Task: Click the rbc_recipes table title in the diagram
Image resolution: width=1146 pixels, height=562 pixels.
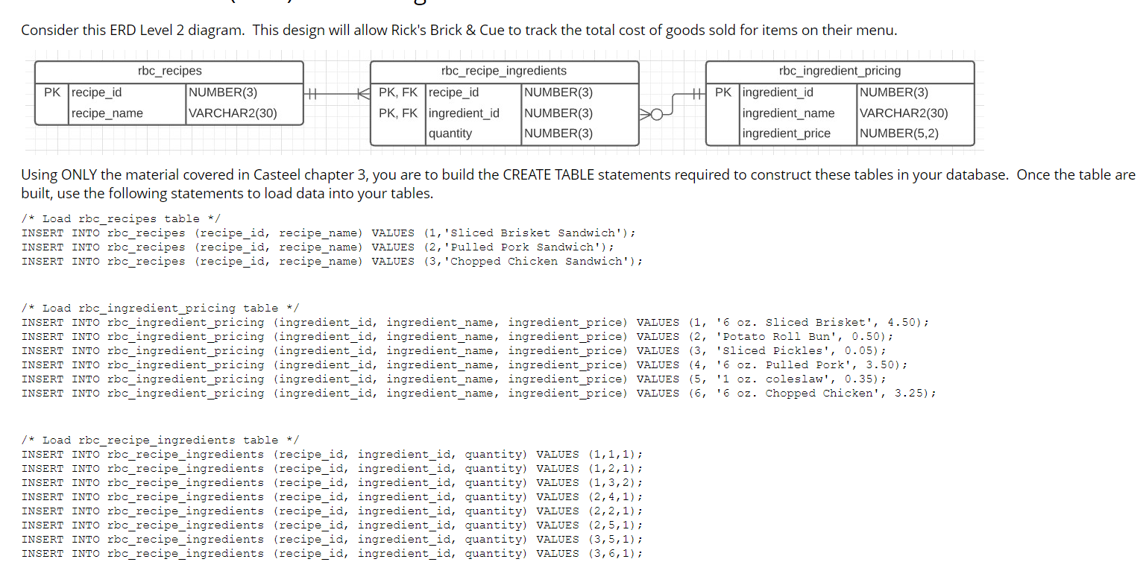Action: pos(169,71)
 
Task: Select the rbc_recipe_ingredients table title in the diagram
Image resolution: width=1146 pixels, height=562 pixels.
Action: pos(504,71)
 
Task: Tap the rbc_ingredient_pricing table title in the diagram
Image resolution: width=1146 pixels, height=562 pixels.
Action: pos(840,71)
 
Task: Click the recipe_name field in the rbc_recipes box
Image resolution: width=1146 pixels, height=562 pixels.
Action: pos(107,113)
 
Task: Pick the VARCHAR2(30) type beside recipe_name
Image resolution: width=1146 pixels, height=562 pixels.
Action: pos(233,113)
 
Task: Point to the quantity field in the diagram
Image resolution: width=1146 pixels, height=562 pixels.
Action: pos(450,133)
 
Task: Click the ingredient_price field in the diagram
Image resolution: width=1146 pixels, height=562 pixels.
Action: pos(787,133)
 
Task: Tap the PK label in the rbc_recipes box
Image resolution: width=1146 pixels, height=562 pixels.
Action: pos(52,93)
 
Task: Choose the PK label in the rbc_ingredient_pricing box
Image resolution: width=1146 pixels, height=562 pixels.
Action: pos(723,93)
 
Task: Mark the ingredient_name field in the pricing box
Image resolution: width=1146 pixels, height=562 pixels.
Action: pos(788,113)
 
